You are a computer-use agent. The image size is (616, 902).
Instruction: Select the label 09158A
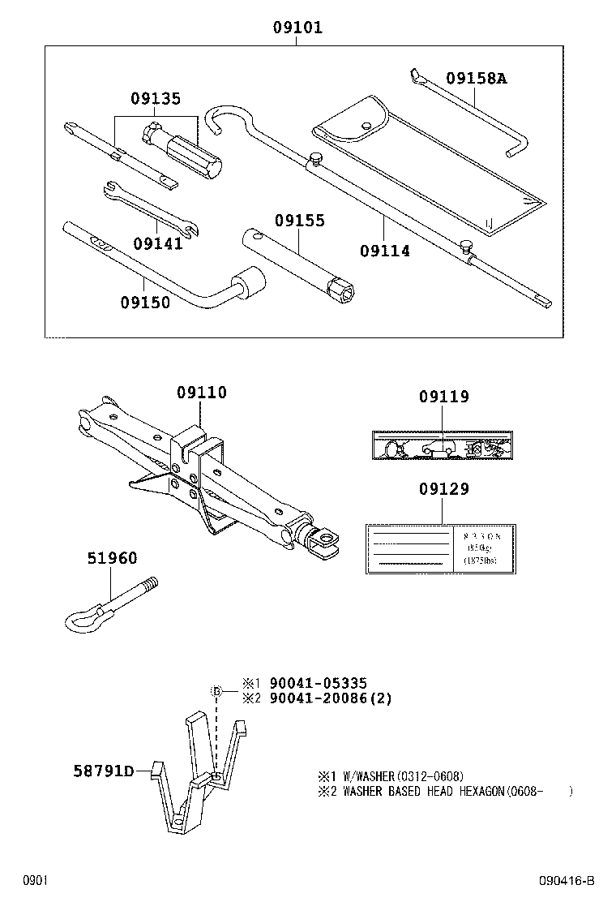pyautogui.click(x=476, y=79)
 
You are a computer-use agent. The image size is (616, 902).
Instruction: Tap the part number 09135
pyautogui.click(x=156, y=99)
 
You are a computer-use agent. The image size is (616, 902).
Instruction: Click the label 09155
pyautogui.click(x=299, y=220)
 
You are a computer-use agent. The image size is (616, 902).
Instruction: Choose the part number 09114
pyautogui.click(x=384, y=251)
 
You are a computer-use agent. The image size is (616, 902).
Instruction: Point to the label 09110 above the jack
pyautogui.click(x=202, y=393)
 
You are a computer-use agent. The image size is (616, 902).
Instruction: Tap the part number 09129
pyautogui.click(x=443, y=489)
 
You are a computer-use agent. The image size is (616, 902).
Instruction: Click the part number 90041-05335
pyautogui.click(x=312, y=684)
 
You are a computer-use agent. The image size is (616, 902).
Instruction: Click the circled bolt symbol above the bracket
pyautogui.click(x=216, y=691)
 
